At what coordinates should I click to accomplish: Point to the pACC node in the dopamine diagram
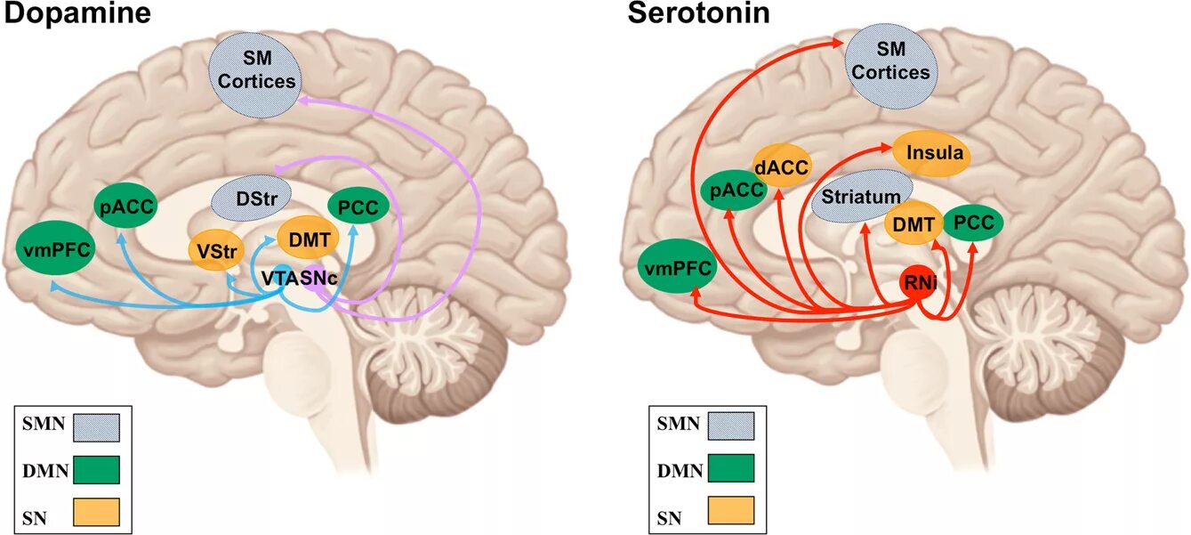pos(125,208)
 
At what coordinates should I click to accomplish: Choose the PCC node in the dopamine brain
pos(358,208)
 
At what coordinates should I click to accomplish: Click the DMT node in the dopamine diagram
pos(309,238)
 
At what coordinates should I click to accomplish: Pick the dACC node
pos(783,165)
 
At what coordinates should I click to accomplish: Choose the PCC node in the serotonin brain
pos(973,223)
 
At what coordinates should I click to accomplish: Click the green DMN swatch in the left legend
pos(96,468)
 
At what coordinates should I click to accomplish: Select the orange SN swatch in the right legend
pos(731,509)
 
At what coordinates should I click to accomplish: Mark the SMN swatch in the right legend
pos(731,426)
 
